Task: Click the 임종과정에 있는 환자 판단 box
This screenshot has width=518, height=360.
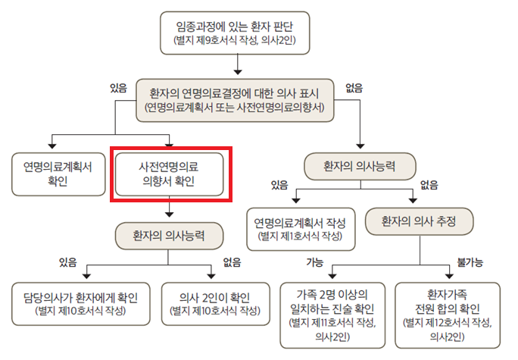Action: [x=235, y=33]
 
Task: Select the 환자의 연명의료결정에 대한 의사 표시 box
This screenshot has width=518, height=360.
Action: [x=235, y=100]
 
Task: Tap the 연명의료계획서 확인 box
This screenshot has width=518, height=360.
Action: [x=58, y=174]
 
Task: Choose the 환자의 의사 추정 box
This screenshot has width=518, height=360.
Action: [x=420, y=221]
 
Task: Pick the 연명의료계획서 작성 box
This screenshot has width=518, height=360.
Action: [x=301, y=229]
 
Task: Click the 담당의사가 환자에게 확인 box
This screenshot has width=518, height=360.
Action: [x=80, y=304]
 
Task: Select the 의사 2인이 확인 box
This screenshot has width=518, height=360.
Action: [x=215, y=304]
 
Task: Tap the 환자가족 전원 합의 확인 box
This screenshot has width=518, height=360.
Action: [x=448, y=315]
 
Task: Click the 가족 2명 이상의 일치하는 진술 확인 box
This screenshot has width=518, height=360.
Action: [x=332, y=315]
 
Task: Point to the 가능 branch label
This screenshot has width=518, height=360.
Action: [x=314, y=262]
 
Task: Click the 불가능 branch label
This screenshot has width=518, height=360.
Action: [x=470, y=262]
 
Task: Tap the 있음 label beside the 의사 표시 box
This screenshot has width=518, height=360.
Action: [x=118, y=88]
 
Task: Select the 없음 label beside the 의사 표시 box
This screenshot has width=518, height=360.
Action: [x=354, y=88]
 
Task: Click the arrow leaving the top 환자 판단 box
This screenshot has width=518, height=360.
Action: [x=238, y=64]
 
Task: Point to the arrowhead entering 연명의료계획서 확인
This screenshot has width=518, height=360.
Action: [x=52, y=146]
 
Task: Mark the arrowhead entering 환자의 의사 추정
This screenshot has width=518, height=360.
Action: [x=413, y=200]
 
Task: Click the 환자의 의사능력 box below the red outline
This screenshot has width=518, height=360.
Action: [x=169, y=236]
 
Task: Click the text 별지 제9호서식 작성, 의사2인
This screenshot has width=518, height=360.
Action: [x=235, y=40]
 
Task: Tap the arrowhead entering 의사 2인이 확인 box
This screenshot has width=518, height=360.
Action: [x=211, y=276]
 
